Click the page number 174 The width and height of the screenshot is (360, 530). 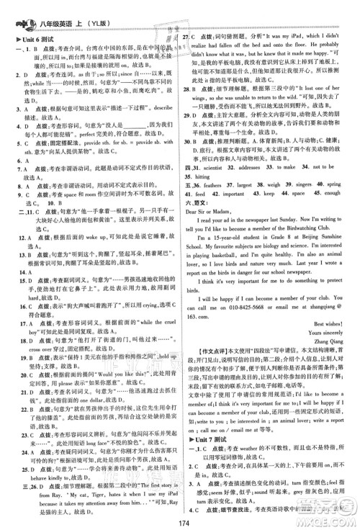181,522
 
